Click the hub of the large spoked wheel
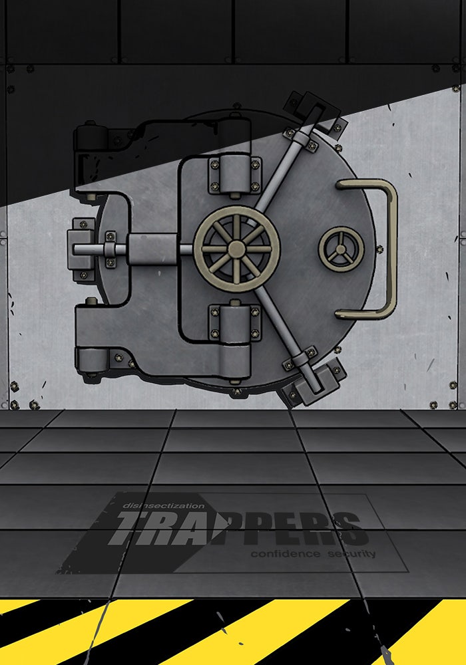point(236,249)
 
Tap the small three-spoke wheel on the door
point(342,249)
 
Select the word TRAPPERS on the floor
point(238,528)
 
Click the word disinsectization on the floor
point(163,505)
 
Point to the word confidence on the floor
point(285,553)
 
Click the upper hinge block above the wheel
point(235,175)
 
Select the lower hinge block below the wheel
point(235,323)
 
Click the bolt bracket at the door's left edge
point(81,249)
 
